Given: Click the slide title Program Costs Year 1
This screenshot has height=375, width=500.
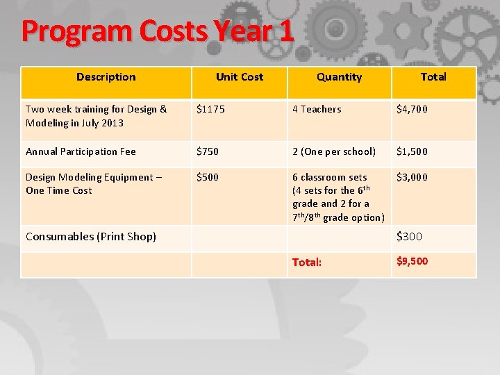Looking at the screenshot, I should click(x=158, y=31).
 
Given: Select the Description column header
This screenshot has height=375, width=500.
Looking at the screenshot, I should click(x=106, y=77).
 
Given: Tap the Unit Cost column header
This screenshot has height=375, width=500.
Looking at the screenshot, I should click(x=239, y=77).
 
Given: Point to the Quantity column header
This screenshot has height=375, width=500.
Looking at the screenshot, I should click(x=339, y=77).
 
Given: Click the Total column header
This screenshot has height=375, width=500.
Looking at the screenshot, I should click(x=433, y=77).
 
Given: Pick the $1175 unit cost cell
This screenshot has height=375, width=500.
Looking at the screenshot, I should click(x=210, y=109).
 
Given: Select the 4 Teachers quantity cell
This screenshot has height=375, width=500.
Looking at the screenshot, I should click(x=317, y=109).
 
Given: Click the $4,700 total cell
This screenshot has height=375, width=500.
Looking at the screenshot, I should click(x=412, y=109).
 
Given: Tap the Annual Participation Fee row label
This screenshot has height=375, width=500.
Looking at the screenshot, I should click(x=81, y=151).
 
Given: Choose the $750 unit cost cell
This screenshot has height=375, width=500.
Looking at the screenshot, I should click(x=208, y=151).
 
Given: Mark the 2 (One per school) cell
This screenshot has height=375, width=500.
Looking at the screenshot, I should click(x=334, y=151).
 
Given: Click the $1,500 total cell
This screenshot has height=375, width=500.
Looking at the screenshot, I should click(x=412, y=151).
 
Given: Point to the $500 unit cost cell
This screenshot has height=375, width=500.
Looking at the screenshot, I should click(x=208, y=177).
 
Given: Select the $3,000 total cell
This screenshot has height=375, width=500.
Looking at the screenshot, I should click(x=412, y=177).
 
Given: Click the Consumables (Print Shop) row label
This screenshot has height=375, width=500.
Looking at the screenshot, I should click(x=91, y=237).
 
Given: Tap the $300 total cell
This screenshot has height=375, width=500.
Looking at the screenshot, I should click(x=409, y=237).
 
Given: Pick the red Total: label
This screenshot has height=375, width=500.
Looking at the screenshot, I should click(x=307, y=262).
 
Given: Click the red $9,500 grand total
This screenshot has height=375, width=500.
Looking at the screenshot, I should click(x=412, y=261).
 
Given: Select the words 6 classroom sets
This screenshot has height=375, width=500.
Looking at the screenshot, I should click(x=330, y=177).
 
